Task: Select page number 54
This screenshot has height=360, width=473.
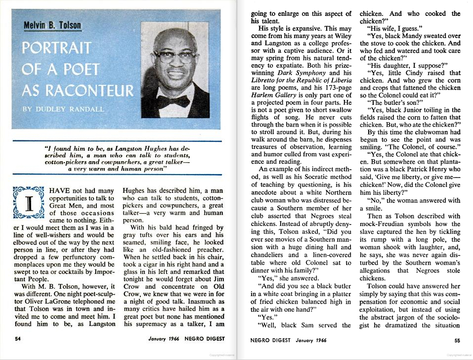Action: pyautogui.click(x=18, y=339)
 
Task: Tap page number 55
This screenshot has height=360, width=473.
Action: pyautogui.click(x=457, y=340)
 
